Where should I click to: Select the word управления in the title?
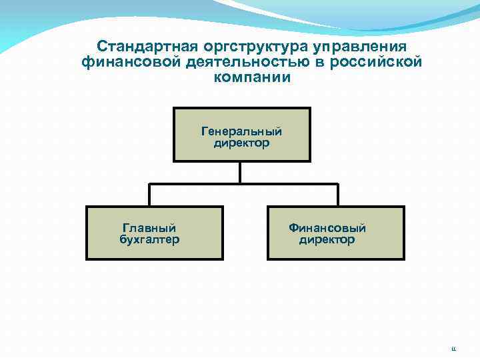pos(353,47)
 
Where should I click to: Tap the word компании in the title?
pos(253,77)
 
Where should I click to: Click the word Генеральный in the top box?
pos(241,132)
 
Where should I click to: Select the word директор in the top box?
pos(241,143)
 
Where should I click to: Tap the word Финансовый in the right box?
pos(327,228)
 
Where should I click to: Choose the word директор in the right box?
pos(327,239)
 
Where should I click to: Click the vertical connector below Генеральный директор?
pos(241,172)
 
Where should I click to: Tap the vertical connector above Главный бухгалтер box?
pos(149,195)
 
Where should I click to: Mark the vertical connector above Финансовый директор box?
pos(337,195)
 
